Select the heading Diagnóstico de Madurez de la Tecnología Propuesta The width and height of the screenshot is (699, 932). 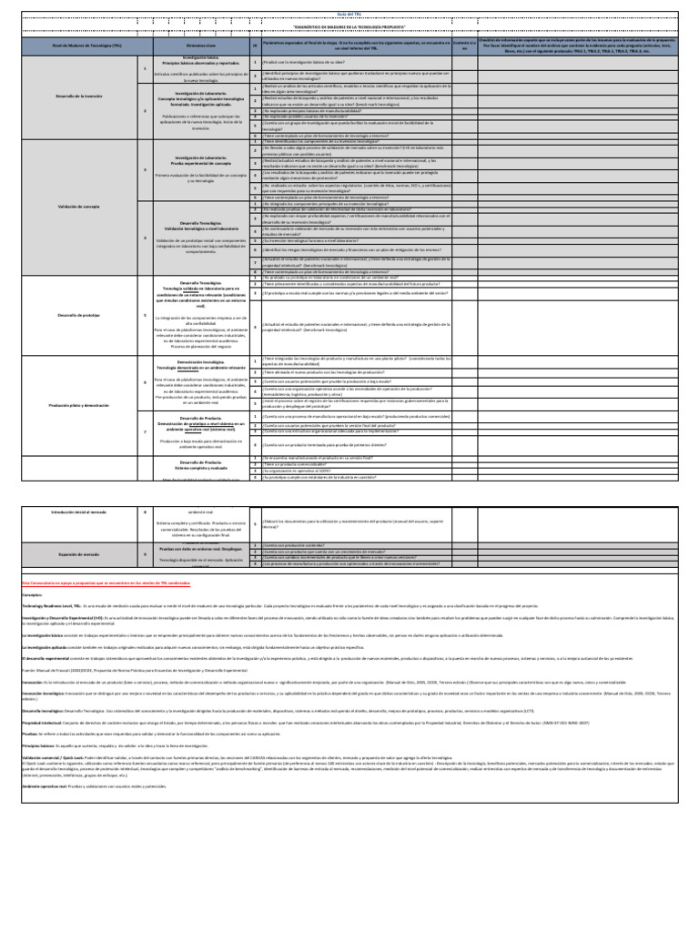point(349,27)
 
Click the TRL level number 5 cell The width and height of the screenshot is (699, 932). point(145,315)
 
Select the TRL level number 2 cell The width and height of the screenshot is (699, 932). point(145,111)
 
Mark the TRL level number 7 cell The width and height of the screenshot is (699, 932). point(145,428)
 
